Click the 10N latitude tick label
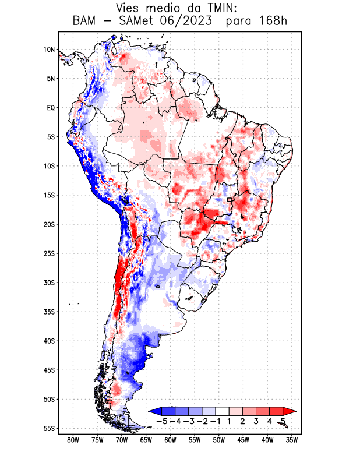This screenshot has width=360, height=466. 49,50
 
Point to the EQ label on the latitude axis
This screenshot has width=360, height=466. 50,108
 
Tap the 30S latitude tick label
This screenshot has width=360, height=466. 48,283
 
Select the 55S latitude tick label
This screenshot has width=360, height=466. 48,428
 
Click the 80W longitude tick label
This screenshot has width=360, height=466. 73,440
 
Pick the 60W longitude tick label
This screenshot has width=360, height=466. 171,440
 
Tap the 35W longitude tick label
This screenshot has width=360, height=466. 292,440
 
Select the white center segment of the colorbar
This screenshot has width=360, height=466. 222,411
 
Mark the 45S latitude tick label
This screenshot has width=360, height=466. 48,370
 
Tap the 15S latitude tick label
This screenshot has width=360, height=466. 48,195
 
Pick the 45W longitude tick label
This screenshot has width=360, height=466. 243,440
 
